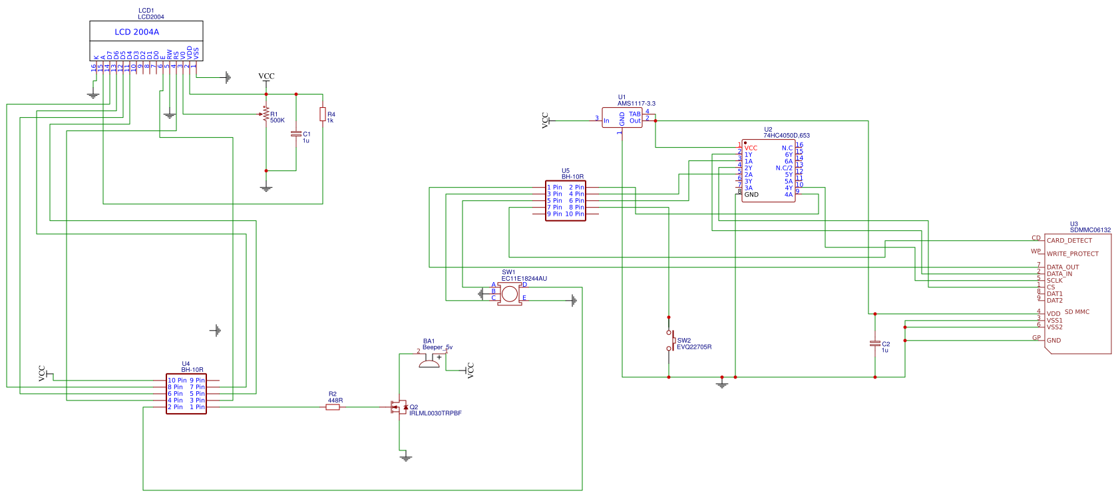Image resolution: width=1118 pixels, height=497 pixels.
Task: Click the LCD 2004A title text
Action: pos(136,31)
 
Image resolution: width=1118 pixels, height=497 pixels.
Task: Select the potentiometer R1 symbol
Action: pos(266,114)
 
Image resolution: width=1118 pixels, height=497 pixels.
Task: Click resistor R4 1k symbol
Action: pos(323,114)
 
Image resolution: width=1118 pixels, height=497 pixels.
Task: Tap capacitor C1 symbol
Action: pos(296,134)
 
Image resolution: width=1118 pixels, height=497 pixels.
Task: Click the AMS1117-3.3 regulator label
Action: pos(636,104)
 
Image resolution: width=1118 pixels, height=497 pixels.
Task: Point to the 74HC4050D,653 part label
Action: pos(787,136)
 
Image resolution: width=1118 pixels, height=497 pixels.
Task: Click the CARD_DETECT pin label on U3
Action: pos(1069,241)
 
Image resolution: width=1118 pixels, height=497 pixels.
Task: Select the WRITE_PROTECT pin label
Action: pos(1073,254)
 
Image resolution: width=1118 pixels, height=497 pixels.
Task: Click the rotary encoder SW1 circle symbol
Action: pos(510,293)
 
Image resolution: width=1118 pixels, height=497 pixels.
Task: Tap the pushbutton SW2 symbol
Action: pos(671,340)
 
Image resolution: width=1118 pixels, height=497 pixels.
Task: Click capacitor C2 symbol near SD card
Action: pos(875,343)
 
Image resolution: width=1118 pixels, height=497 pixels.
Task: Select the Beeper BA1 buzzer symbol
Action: pos(430,361)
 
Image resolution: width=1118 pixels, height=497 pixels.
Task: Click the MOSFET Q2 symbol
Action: pos(399,407)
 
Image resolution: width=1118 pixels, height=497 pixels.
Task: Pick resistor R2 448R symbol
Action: pos(333,407)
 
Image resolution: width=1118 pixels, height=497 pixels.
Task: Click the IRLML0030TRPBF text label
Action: pos(435,414)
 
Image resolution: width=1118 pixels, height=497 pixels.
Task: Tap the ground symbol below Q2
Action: pos(406,458)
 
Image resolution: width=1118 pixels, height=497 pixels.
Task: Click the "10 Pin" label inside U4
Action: pos(177,381)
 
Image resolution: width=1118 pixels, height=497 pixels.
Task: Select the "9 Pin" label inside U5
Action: pos(554,214)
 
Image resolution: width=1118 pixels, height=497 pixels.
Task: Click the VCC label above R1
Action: pos(266,76)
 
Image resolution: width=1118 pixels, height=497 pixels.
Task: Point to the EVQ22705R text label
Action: pos(694,347)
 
